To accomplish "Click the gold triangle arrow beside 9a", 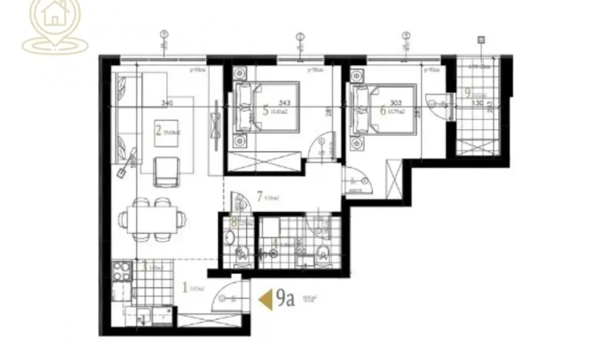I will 265,299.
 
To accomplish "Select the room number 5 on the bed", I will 265,109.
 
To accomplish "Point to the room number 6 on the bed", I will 383,110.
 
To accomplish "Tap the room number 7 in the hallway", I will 259,196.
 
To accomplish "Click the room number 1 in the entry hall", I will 185,287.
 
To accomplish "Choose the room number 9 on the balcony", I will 467,93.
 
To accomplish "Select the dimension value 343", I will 284,103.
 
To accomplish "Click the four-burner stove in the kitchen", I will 121,271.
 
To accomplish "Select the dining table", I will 152,219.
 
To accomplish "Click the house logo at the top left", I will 55,20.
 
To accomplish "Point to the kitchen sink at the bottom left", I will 143,314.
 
